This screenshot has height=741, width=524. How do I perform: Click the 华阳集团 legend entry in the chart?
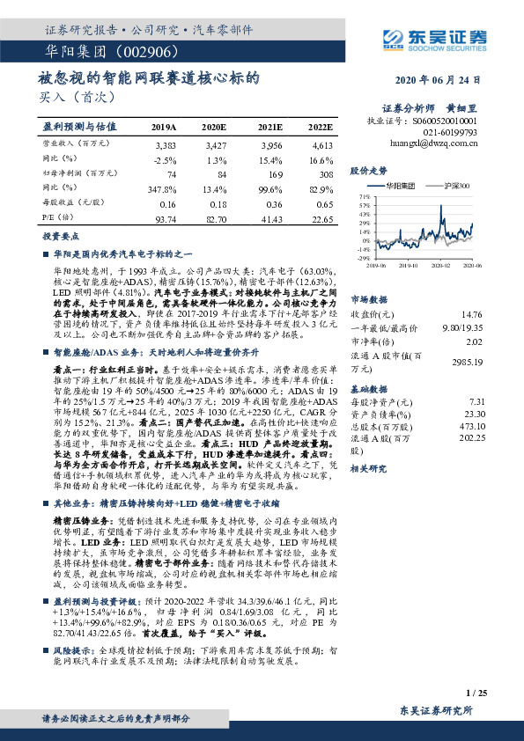pyautogui.click(x=402, y=187)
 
